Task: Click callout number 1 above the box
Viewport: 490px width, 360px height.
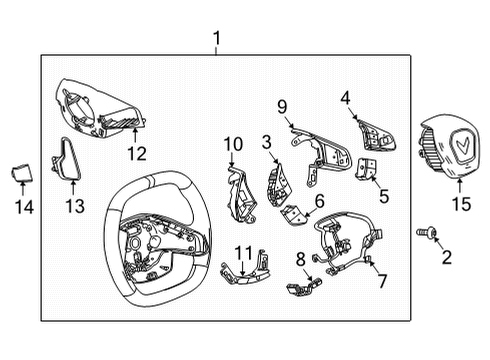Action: [216, 39]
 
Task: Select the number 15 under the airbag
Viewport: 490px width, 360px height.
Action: [461, 205]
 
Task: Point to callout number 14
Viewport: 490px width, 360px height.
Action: [24, 207]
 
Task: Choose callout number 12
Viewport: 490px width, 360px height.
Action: [136, 153]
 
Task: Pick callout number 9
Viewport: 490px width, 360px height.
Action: [282, 106]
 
